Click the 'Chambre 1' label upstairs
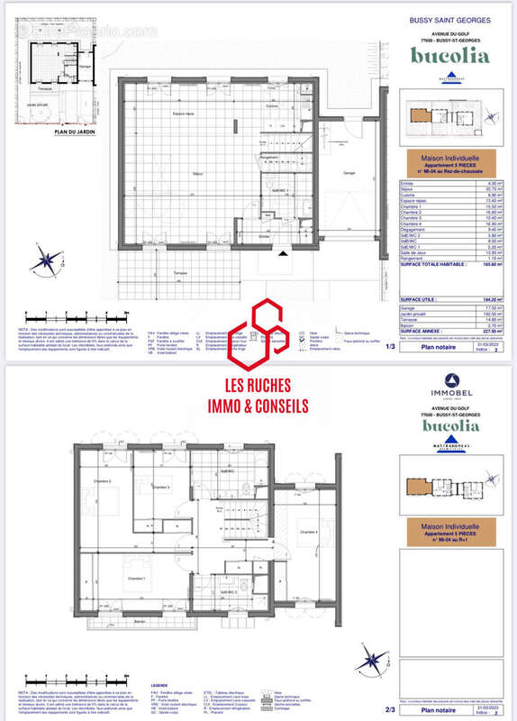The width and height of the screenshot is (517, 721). [136, 579]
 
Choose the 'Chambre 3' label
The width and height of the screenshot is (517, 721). [162, 487]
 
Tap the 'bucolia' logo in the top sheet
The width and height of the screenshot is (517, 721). [450, 55]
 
